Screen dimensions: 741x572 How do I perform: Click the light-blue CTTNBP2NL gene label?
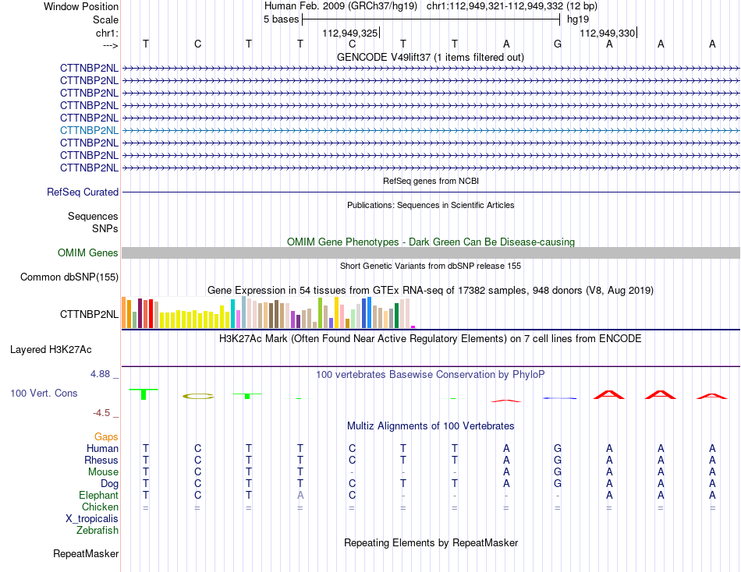pyautogui.click(x=90, y=130)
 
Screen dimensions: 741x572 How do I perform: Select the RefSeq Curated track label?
pyautogui.click(x=83, y=192)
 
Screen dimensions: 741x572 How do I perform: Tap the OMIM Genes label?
pyautogui.click(x=88, y=252)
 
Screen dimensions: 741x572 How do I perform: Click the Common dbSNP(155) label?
pyautogui.click(x=69, y=277)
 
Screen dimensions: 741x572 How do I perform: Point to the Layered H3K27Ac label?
pyautogui.click(x=51, y=350)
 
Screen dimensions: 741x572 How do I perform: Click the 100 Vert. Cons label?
pyautogui.click(x=44, y=393)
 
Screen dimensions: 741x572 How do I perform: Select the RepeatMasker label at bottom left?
pyautogui.click(x=86, y=553)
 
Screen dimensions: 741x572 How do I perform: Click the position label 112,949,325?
pyautogui.click(x=350, y=33)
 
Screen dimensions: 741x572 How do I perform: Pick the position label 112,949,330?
pyautogui.click(x=608, y=33)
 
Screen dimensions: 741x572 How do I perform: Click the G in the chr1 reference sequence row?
pyautogui.click(x=558, y=44)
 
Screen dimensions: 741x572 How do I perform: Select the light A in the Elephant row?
pyautogui.click(x=300, y=496)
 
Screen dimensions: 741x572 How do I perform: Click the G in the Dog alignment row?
pyautogui.click(x=558, y=484)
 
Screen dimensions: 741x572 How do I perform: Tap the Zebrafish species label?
pyautogui.click(x=97, y=531)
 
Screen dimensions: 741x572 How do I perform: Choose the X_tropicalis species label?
pyautogui.click(x=92, y=519)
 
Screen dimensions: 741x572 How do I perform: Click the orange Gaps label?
pyautogui.click(x=106, y=437)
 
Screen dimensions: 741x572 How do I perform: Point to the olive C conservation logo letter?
pyautogui.click(x=198, y=397)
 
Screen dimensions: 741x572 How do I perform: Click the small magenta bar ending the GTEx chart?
pyautogui.click(x=413, y=327)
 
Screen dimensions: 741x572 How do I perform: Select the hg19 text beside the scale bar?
pyautogui.click(x=578, y=19)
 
